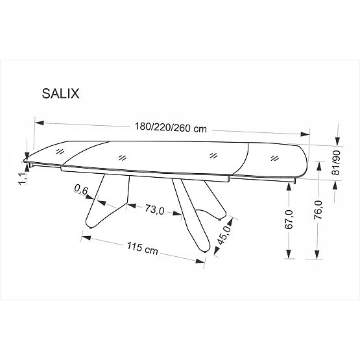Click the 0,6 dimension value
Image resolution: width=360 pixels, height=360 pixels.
click(81, 189)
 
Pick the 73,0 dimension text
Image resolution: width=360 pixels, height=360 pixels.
click(154, 210)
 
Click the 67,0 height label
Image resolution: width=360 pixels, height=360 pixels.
click(289, 221)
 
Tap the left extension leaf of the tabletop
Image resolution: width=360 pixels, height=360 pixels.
click(52, 153)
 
